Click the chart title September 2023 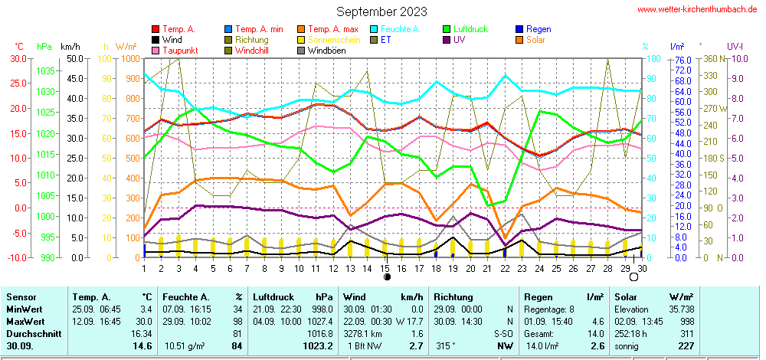[x=381, y=11]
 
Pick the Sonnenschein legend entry [x=329, y=40]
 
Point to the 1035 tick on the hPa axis [x=45, y=70]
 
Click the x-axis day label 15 [x=385, y=268]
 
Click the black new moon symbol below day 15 [x=386, y=277]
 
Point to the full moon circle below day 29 [x=633, y=277]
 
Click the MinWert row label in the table [x=23, y=309]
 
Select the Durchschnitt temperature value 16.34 [x=141, y=334]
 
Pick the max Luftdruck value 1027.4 [x=319, y=321]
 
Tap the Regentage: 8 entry [x=545, y=309]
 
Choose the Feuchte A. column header [x=184, y=296]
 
